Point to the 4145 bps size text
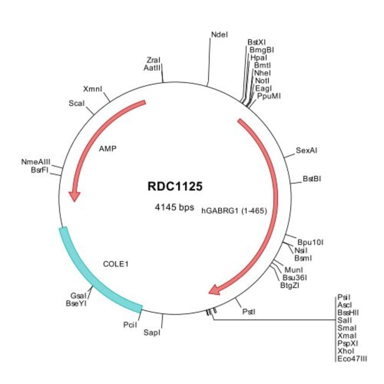pyautogui.click(x=174, y=207)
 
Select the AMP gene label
pyautogui.click(x=108, y=149)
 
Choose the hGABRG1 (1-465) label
pyautogui.click(x=235, y=210)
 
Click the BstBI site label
pyautogui.click(x=311, y=178)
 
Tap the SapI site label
pyautogui.click(x=151, y=333)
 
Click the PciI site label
pyautogui.click(x=131, y=324)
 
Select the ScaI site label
pyautogui.click(x=77, y=103)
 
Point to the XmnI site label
pyautogui.click(x=93, y=88)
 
